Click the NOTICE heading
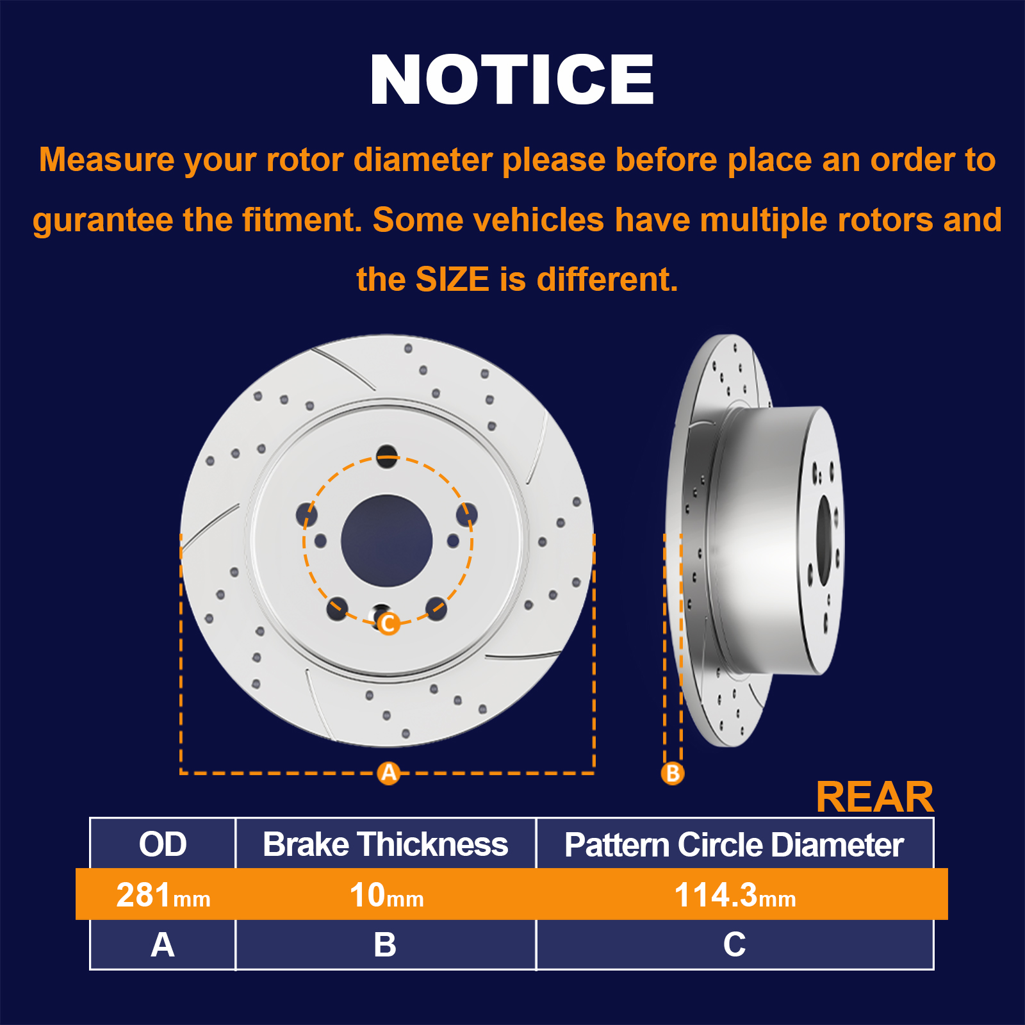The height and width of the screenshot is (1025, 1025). point(512,79)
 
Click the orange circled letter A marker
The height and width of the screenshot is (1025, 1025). point(389,773)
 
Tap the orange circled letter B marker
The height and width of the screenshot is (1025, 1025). point(673,773)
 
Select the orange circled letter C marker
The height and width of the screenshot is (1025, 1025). point(388,623)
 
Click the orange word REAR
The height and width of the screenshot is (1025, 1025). point(875,797)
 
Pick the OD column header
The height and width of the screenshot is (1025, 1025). point(163,844)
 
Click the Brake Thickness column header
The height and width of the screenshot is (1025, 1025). point(386,844)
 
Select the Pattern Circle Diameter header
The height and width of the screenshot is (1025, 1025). point(734,844)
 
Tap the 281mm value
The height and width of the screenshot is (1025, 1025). point(163,895)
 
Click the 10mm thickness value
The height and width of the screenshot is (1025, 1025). point(386,895)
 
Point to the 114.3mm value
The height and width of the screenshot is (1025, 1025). point(735,895)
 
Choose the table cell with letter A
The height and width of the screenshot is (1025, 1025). point(163,944)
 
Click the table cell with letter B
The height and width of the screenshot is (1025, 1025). point(386,944)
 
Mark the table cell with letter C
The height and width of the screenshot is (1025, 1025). point(735,944)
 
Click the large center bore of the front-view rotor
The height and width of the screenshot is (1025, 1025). point(387,541)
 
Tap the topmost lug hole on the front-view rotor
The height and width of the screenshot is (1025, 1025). point(387,455)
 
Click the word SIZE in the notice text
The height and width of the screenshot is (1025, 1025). point(452,279)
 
